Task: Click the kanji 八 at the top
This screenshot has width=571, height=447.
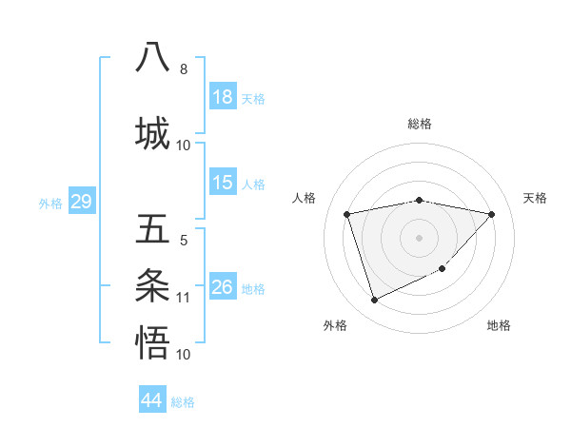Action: pos(153,56)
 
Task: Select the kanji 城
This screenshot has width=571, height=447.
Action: pos(153,131)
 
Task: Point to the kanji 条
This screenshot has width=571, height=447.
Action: pos(153,285)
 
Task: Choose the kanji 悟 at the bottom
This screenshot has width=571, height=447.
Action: pos(153,341)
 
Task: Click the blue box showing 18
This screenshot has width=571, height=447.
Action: pos(223,97)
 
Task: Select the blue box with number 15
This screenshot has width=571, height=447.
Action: pos(223,183)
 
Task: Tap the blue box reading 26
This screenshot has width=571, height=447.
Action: pos(223,287)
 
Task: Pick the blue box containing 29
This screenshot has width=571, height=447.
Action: pos(81,202)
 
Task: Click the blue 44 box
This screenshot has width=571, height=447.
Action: pos(152,400)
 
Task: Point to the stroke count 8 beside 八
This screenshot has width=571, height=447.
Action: pos(184,69)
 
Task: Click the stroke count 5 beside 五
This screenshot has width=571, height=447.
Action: pos(184,241)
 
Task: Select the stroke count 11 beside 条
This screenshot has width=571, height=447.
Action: pos(184,298)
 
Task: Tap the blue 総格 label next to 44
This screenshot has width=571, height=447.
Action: pos(183,402)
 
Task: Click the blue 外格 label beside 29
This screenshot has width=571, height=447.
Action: pos(50,203)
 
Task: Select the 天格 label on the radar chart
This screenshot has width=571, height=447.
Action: pos(535,198)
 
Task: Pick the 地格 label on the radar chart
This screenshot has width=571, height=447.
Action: pos(499,325)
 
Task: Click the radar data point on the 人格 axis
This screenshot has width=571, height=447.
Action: pos(347,214)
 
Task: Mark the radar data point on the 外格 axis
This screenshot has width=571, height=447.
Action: pos(374,300)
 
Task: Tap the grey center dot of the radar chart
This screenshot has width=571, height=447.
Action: pos(419,237)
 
